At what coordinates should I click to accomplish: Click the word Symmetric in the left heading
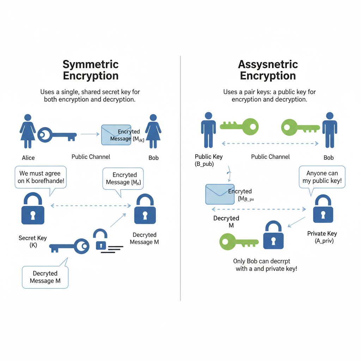[91, 65]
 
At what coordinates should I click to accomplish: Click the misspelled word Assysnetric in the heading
[268, 65]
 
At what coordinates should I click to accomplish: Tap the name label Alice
[28, 158]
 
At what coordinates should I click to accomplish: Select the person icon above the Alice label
[27, 131]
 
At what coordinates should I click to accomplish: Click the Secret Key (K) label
[32, 241]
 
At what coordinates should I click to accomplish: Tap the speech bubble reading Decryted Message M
[45, 277]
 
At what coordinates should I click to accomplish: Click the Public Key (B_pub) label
[209, 160]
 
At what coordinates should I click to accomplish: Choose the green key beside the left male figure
[239, 126]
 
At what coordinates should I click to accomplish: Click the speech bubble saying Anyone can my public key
[322, 177]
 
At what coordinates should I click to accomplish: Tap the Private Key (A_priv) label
[322, 237]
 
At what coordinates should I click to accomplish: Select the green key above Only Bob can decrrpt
[239, 241]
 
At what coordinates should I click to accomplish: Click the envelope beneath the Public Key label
[220, 194]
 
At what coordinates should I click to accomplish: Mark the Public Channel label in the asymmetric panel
[270, 157]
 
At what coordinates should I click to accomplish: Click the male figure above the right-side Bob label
[330, 130]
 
